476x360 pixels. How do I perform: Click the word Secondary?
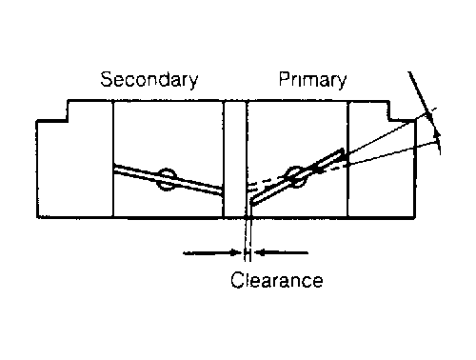pyautogui.click(x=149, y=79)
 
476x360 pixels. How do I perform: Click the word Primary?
pyautogui.click(x=312, y=79)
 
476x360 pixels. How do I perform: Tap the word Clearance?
pyautogui.click(x=277, y=280)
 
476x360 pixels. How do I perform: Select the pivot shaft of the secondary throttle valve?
pyautogui.click(x=167, y=179)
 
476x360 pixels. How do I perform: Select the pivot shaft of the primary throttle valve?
pyautogui.click(x=296, y=177)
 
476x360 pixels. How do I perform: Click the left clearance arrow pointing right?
pyautogui.click(x=212, y=253)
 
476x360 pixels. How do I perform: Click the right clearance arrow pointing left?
pyautogui.click(x=281, y=253)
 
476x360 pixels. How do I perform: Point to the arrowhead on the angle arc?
pyautogui.click(x=437, y=133)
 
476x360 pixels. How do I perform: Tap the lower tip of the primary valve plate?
pyautogui.click(x=251, y=202)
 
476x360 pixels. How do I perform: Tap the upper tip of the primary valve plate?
pyautogui.click(x=342, y=151)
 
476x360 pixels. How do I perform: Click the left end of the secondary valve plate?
pyautogui.click(x=114, y=169)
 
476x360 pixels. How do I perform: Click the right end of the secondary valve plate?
pyautogui.click(x=222, y=191)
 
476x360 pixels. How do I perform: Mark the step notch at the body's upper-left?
pyautogui.click(x=68, y=110)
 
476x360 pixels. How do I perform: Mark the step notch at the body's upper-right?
pyautogui.click(x=389, y=110)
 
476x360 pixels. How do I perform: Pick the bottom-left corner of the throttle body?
pyautogui.click(x=37, y=217)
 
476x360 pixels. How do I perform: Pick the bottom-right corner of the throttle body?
pyautogui.click(x=414, y=217)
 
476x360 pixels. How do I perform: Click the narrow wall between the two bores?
pyautogui.click(x=235, y=159)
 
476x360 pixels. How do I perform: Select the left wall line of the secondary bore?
pyautogui.click(x=113, y=159)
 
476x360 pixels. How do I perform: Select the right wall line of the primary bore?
pyautogui.click(x=348, y=159)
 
